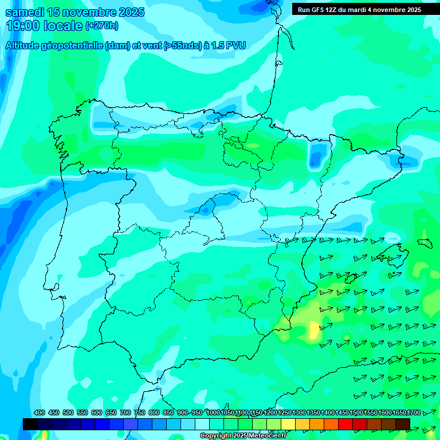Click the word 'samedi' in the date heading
pos(26,12)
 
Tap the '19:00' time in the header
pos(23,25)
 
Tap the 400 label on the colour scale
pos(40,412)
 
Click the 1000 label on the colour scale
pos(213,412)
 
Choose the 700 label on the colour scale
pos(125,412)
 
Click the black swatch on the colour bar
pos(30,424)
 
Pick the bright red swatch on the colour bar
pos(345,424)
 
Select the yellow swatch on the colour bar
pos(288,424)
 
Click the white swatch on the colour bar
pos(202,424)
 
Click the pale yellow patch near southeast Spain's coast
pos(314,330)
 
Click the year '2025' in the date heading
pos(128,12)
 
